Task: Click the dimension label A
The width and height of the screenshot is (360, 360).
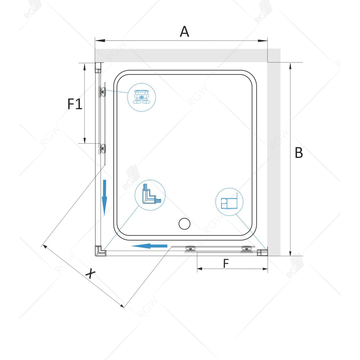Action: (184, 31)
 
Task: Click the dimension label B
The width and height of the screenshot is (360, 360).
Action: (299, 153)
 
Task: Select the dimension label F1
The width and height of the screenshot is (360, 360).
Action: (75, 104)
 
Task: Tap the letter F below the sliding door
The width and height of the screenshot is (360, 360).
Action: (226, 263)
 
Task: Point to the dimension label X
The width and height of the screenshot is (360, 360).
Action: (90, 273)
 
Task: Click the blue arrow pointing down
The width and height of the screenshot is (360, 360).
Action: (105, 198)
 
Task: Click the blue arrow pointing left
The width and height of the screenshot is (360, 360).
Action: (149, 246)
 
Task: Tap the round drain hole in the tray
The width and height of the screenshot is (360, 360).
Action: (184, 224)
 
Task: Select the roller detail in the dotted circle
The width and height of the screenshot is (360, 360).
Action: (142, 97)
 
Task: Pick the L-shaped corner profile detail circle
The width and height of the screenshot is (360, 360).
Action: (150, 195)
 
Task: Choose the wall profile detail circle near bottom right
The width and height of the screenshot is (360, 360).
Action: (230, 202)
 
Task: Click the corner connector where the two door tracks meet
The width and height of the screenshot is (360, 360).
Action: (100, 251)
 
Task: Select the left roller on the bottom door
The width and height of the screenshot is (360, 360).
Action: (190, 249)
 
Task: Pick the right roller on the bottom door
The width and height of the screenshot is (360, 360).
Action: (247, 249)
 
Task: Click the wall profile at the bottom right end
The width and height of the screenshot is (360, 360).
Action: (263, 253)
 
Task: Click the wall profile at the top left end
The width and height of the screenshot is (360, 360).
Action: (98, 68)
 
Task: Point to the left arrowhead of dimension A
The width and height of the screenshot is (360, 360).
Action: (100, 41)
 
